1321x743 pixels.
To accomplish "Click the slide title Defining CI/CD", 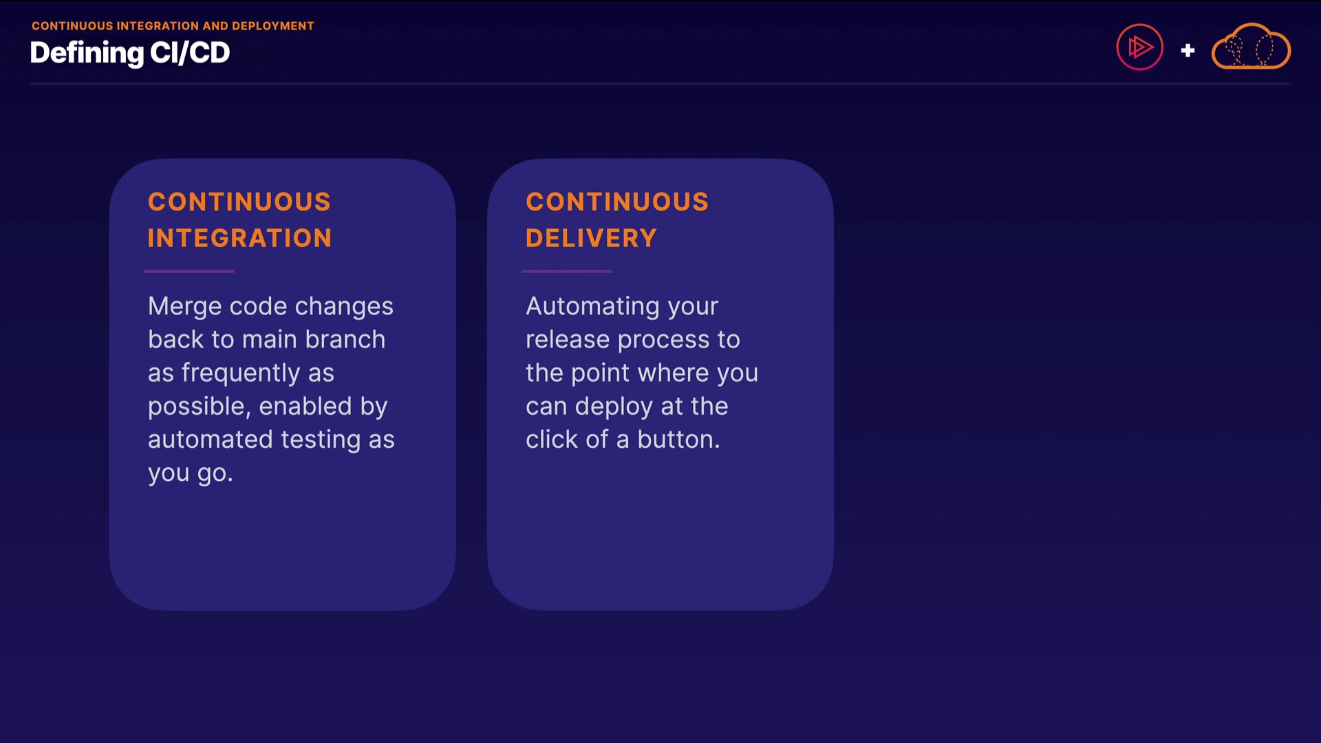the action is (x=130, y=53).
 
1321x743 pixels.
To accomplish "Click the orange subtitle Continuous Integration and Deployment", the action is (x=173, y=26).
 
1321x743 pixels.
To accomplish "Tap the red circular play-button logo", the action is (x=1139, y=47).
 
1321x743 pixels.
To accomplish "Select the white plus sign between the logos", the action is (x=1188, y=50).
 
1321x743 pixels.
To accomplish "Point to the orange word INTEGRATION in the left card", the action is (x=240, y=238).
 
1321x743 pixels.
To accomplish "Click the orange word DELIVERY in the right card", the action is (x=592, y=238).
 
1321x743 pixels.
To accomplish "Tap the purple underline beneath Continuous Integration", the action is (x=189, y=271).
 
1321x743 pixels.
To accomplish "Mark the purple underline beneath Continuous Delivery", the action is (x=567, y=271).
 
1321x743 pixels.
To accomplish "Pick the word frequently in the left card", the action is (x=241, y=374).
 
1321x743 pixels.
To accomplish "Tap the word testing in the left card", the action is (x=321, y=440).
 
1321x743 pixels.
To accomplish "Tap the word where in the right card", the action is (x=674, y=373).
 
